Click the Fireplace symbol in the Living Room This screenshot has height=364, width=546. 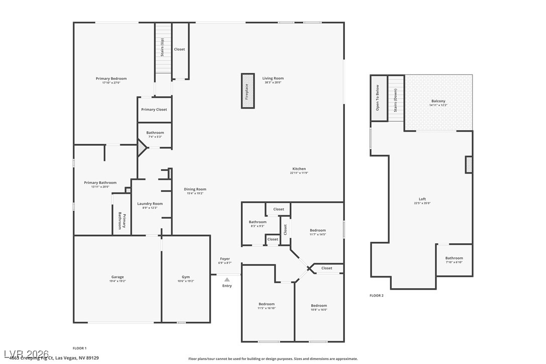[247, 91]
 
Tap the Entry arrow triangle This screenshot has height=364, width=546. [227, 280]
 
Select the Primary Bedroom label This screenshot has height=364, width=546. [111, 78]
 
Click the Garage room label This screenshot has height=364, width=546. [118, 277]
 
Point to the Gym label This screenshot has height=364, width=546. [186, 277]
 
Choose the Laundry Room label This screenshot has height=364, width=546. [150, 204]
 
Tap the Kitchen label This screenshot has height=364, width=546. [299, 169]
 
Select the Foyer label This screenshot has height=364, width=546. [225, 259]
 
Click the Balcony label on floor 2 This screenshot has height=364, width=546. [438, 101]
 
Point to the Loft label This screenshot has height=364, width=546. [422, 199]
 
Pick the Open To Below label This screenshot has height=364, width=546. [378, 98]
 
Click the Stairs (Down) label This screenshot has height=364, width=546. [396, 100]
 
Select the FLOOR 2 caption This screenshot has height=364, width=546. [377, 296]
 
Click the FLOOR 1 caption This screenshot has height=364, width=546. [79, 348]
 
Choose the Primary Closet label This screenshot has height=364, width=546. [154, 110]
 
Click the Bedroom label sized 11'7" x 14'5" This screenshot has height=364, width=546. [318, 230]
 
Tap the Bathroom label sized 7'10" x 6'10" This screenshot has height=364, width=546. [454, 258]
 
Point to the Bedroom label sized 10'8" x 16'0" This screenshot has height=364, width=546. [319, 306]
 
